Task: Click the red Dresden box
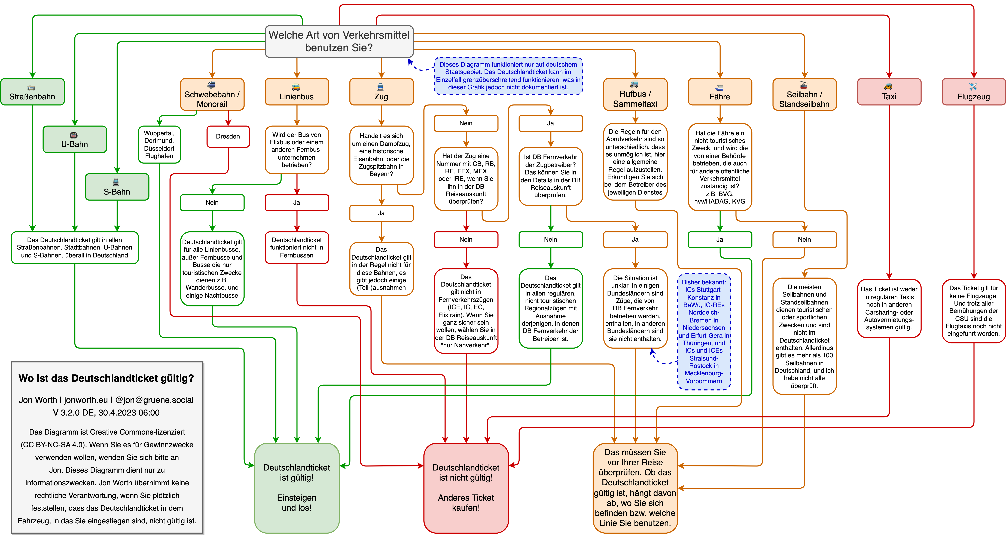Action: coord(228,137)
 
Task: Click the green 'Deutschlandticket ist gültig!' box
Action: coord(297,488)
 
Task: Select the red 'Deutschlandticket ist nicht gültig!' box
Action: coord(466,488)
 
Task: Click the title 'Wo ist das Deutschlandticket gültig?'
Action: coord(106,378)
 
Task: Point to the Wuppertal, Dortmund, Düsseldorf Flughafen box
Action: coord(159,144)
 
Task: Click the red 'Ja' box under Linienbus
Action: coord(297,202)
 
